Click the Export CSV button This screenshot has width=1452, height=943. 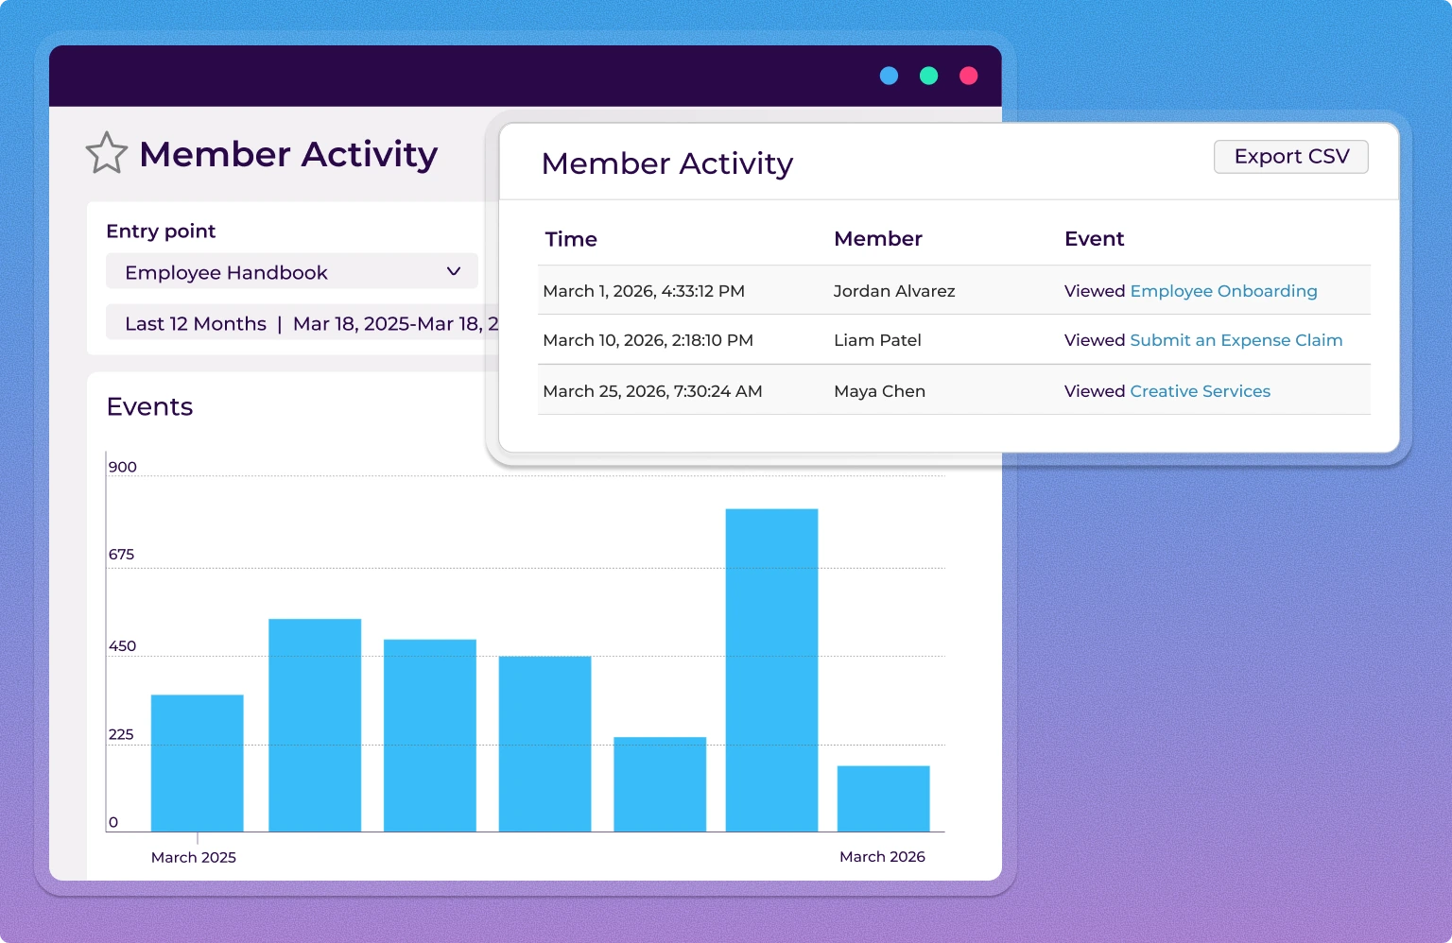pos(1290,157)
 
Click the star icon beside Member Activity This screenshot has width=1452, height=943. pos(106,153)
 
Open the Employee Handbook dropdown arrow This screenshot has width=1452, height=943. pos(454,272)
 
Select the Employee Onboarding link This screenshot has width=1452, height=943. pos(1223,291)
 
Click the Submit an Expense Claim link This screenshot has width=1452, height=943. pos(1236,340)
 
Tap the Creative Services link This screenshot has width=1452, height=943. pos(1200,391)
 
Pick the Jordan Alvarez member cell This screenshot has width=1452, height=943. pos(893,291)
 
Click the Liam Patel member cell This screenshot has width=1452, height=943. pos(876,340)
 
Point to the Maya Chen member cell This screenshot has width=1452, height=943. pos(879,391)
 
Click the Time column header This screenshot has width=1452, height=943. pos(571,239)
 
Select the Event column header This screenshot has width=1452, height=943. pos(1094,239)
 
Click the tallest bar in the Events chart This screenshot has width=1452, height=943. pos(771,670)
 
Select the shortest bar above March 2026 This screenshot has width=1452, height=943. pos(883,798)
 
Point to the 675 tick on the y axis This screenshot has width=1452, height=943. pos(121,555)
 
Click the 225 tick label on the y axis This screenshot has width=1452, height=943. pos(121,734)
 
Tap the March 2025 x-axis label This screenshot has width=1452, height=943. pos(194,857)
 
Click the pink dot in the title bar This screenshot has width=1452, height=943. pos(968,76)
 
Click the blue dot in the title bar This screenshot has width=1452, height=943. pos(889,76)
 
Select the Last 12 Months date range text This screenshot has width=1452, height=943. pos(196,324)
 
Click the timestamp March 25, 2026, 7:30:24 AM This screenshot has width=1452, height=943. pos(652,391)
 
